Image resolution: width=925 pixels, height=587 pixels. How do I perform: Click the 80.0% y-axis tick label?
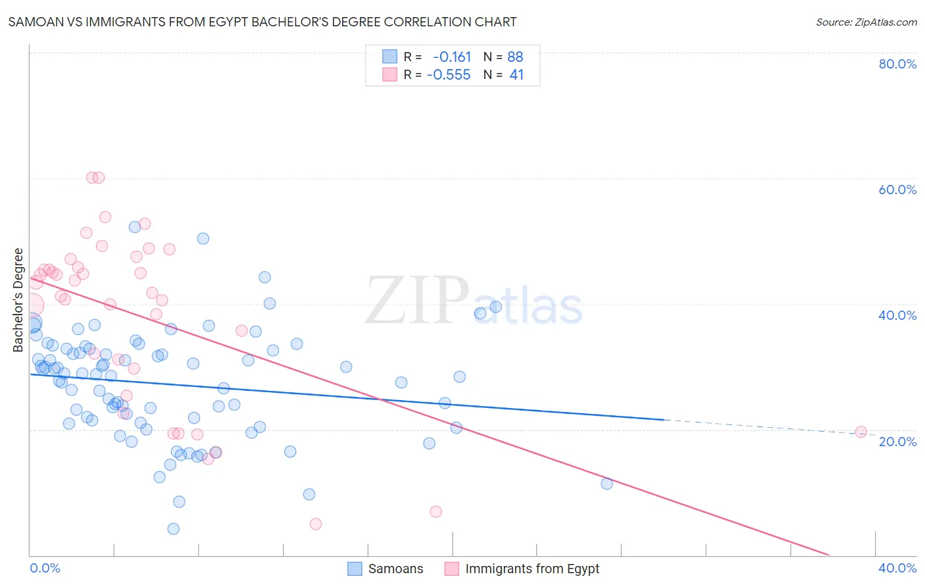coord(897,64)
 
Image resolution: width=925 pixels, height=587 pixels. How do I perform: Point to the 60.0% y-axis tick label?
coord(897,190)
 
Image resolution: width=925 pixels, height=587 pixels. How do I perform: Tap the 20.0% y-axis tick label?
coord(897,442)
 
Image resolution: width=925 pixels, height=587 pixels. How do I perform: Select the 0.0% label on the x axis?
coord(45,568)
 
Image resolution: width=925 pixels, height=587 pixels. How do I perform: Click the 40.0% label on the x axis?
coord(897,568)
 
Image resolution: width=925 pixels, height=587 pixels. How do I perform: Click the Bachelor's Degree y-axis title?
coord(18,300)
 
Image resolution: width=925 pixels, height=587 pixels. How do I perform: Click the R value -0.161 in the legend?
coord(452,57)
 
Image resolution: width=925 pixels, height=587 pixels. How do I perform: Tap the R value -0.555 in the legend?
coord(449,75)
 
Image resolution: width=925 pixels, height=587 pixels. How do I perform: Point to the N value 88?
coord(515,57)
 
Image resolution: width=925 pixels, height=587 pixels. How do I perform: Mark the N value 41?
coord(516,75)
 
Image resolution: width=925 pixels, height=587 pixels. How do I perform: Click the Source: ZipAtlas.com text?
coord(866,22)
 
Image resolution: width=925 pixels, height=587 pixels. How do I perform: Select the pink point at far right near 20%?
coord(861,432)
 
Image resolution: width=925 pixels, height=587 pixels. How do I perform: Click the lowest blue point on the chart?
coord(174,529)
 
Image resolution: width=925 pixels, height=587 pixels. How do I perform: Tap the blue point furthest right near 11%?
coord(607,484)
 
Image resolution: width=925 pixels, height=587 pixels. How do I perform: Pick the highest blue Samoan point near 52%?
coord(135,227)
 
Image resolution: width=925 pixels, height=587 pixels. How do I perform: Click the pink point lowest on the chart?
coord(316,524)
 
